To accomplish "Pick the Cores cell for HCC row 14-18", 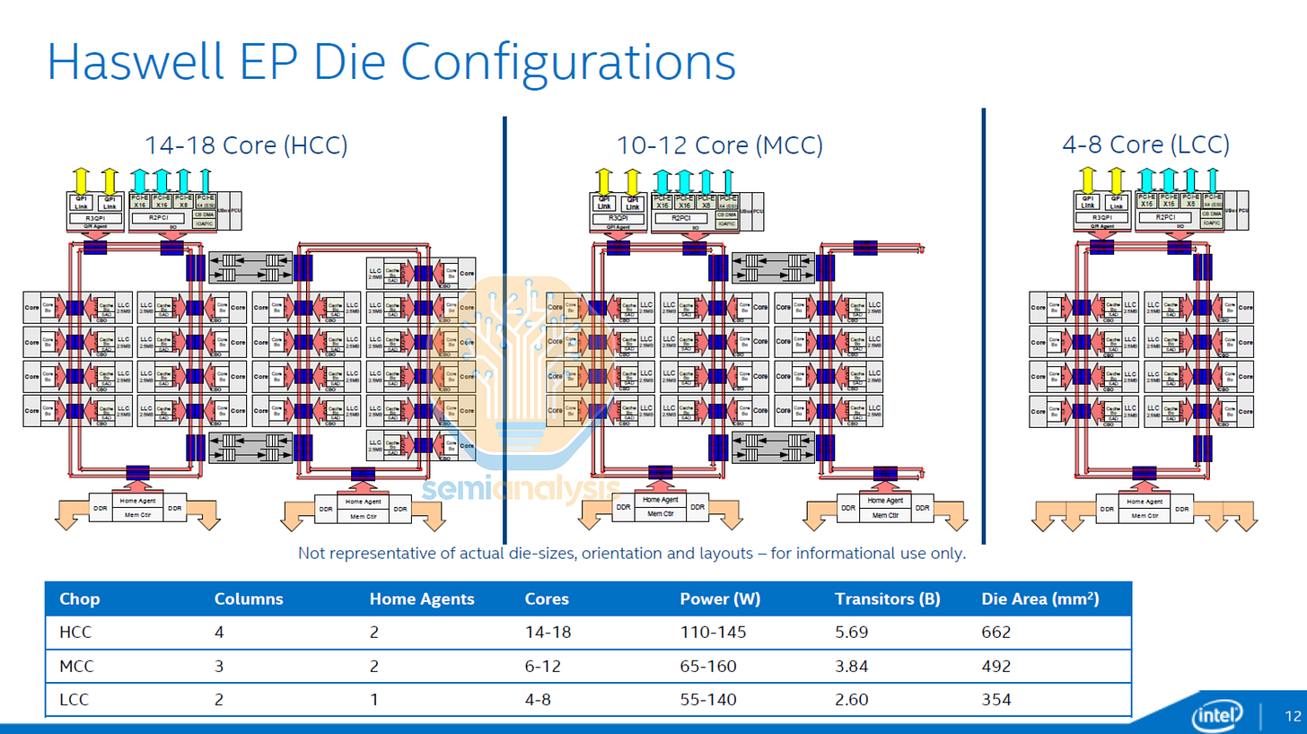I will tap(548, 632).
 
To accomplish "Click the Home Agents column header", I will tap(422, 599).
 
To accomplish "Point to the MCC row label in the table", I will tap(76, 666).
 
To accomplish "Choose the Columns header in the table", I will tap(249, 599).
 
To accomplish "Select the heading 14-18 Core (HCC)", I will tap(246, 144).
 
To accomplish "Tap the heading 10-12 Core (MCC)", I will tap(719, 144).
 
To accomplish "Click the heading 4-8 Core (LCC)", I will tap(1145, 144).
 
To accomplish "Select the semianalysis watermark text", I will tap(521, 489).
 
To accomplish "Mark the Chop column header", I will tap(79, 599).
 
